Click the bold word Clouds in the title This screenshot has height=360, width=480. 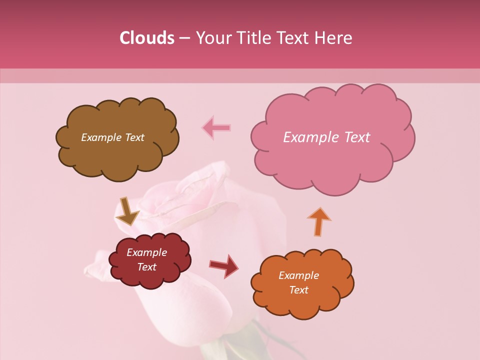(147, 38)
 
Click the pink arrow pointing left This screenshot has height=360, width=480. (216, 128)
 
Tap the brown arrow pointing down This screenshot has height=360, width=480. (127, 211)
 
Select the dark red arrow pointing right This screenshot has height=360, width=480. (224, 265)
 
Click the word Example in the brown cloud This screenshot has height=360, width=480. (100, 137)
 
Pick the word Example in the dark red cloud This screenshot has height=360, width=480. (146, 252)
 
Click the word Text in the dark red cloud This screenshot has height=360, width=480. (146, 267)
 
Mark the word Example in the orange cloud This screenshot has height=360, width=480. (298, 275)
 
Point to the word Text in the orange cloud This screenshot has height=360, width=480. (298, 290)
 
